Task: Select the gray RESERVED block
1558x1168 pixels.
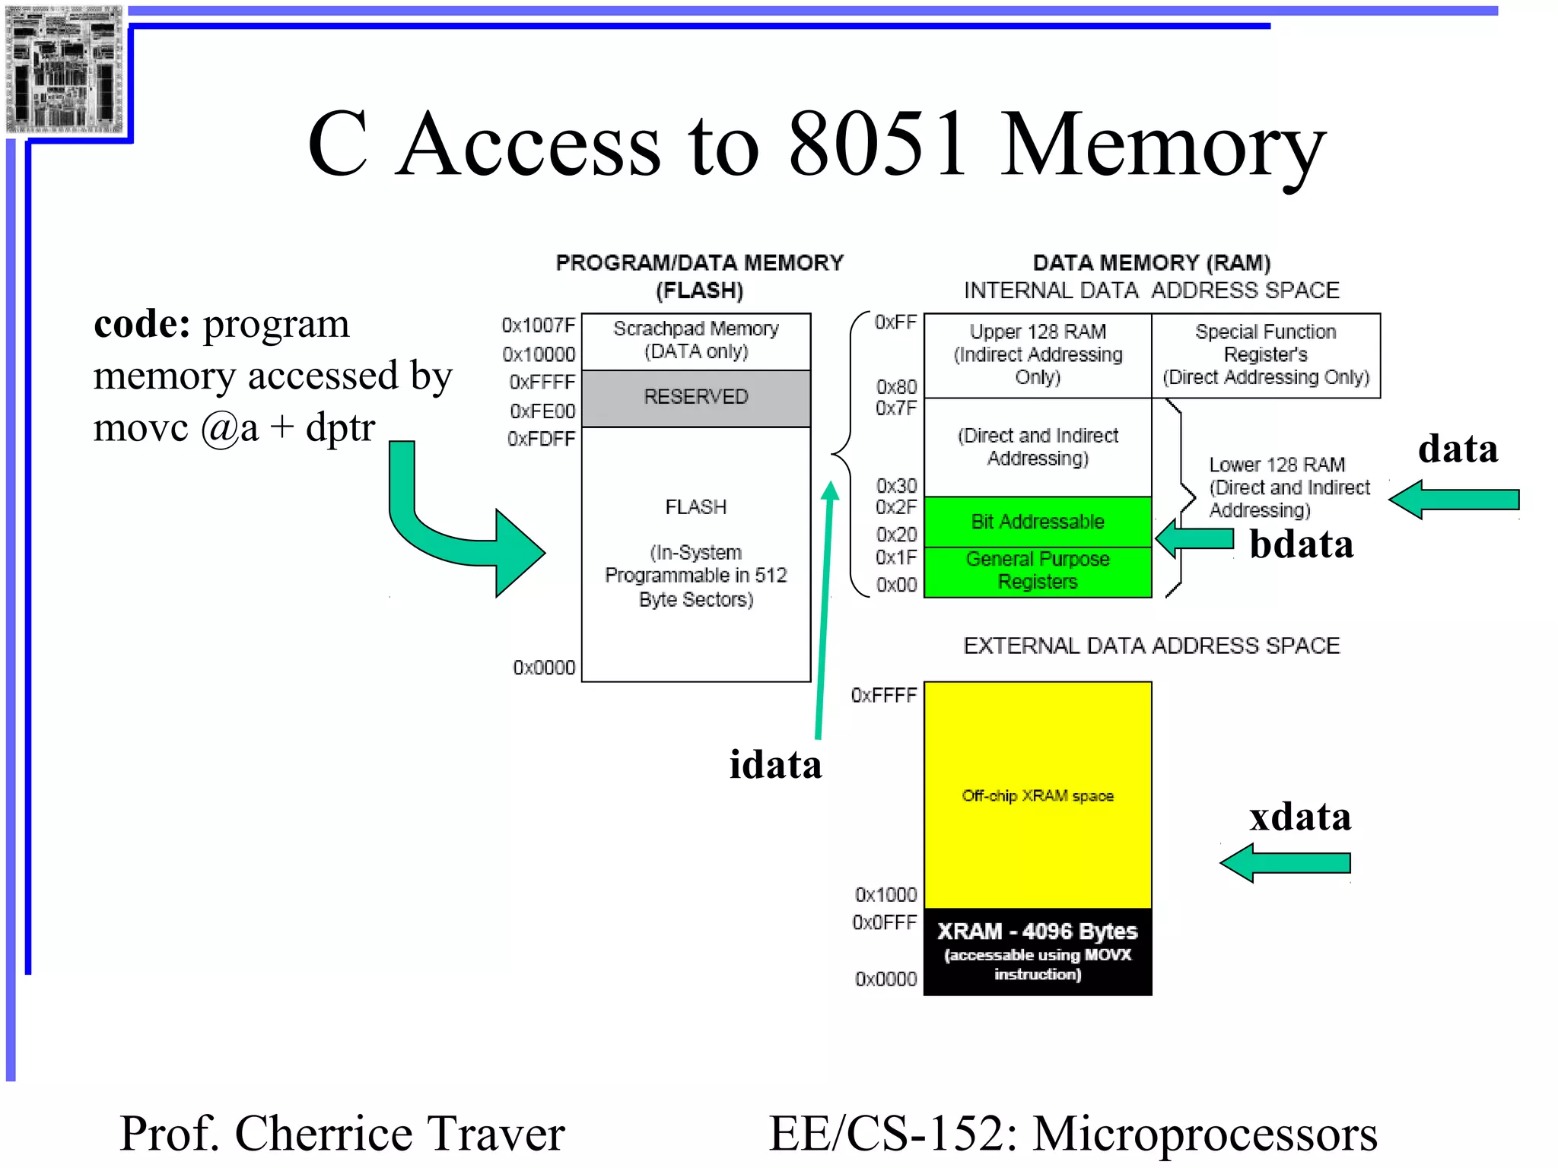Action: click(x=695, y=398)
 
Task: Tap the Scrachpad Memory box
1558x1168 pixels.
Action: click(x=695, y=341)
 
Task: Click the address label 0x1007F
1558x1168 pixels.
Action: click(x=538, y=325)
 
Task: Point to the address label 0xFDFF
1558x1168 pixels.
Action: click(x=541, y=439)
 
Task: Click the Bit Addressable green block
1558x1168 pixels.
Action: click(x=1037, y=522)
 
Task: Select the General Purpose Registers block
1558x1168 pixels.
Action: click(x=1037, y=571)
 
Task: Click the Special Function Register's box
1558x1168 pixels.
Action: click(x=1265, y=355)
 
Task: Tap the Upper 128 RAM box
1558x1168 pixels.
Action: click(x=1037, y=355)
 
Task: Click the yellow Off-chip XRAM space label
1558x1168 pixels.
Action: click(x=1037, y=796)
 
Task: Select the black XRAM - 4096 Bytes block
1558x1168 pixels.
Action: click(x=1037, y=951)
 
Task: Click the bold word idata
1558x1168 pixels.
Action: click(x=775, y=765)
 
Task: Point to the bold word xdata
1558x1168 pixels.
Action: click(x=1299, y=817)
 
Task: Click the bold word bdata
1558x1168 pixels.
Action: click(x=1301, y=544)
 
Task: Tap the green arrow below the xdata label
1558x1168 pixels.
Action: click(x=1286, y=863)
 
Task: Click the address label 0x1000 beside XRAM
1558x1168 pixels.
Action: click(x=886, y=894)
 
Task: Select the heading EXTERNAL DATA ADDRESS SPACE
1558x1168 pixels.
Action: click(x=1151, y=646)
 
